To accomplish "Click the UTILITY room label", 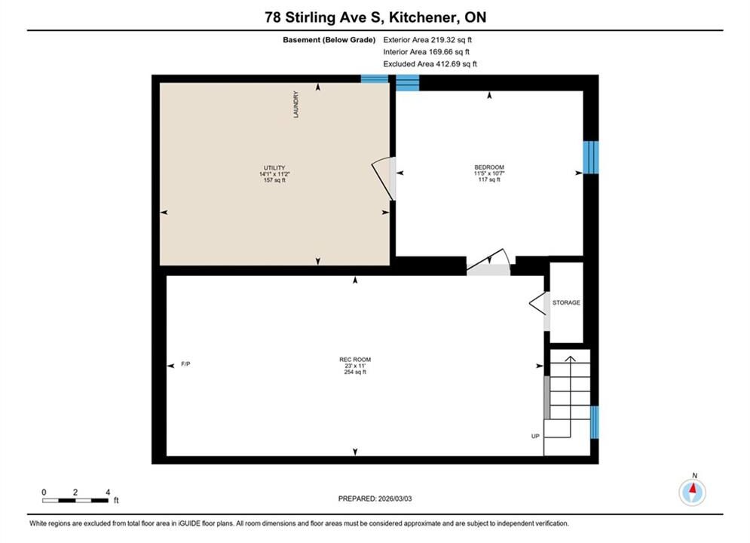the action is click(274, 168).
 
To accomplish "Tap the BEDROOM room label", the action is click(489, 167).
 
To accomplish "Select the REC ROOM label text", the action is click(355, 359).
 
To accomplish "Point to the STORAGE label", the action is click(566, 303).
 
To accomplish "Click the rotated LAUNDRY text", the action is click(295, 105).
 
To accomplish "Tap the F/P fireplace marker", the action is click(185, 364).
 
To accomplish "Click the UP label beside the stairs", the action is click(535, 436).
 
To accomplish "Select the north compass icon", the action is click(693, 491).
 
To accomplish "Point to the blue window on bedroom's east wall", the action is click(591, 158).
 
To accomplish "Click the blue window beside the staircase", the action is click(594, 422).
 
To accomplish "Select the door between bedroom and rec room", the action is click(488, 262).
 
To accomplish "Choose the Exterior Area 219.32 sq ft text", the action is click(427, 40).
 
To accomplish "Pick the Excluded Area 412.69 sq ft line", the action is click(430, 64).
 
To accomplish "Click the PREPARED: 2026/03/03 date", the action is click(375, 499).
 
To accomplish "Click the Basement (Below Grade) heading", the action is click(329, 40).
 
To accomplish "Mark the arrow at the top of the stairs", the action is click(570, 359).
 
